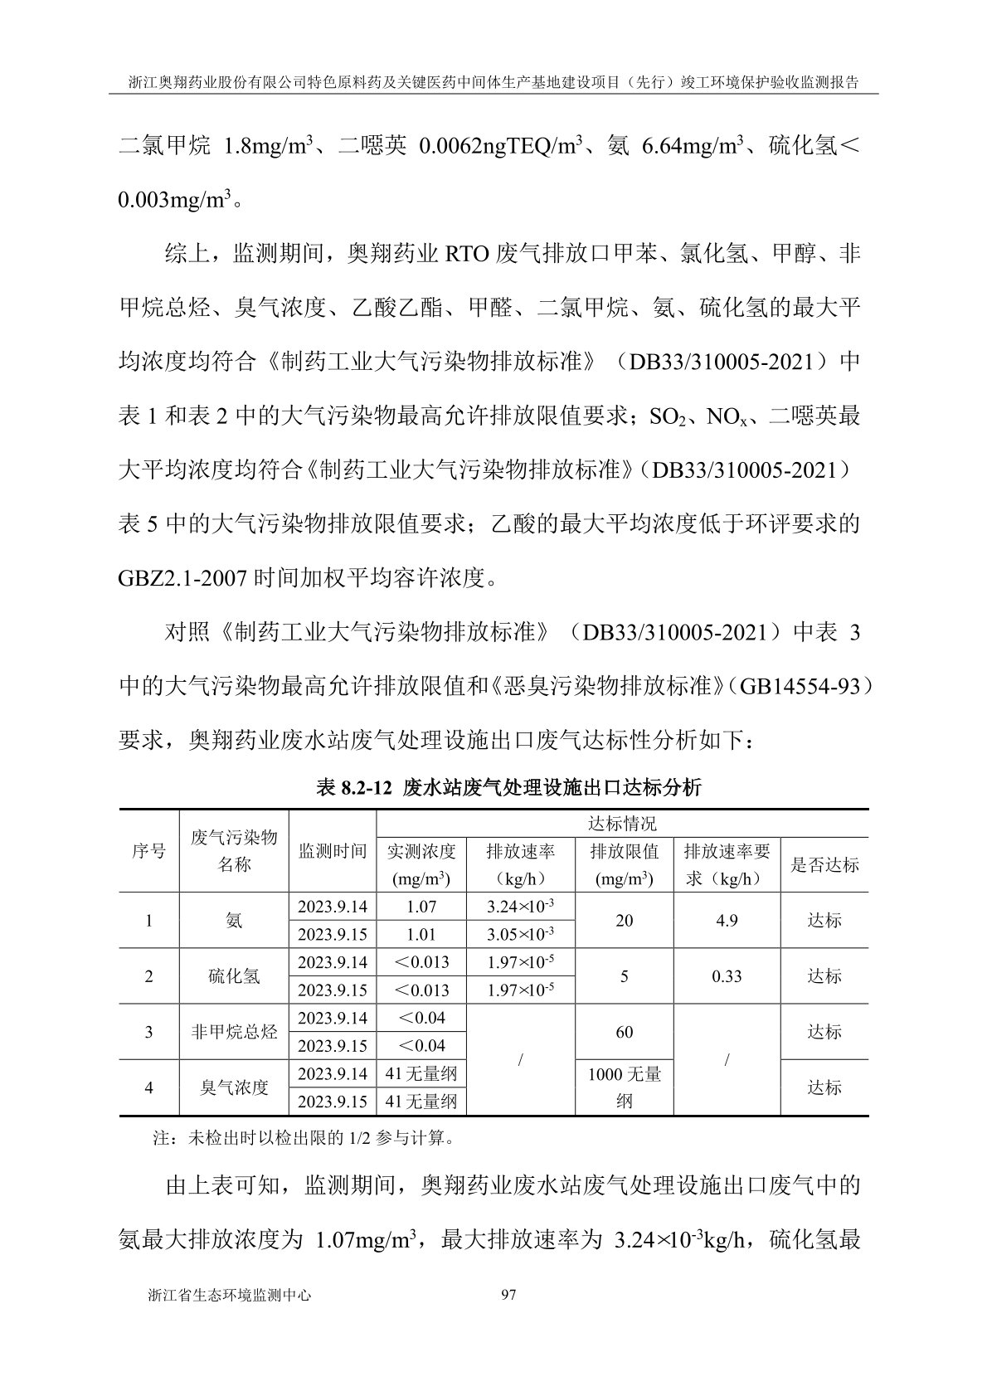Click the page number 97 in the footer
click(x=509, y=1295)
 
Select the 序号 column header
click(x=149, y=852)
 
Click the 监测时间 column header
click(x=333, y=852)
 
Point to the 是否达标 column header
click(x=824, y=865)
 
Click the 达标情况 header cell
click(x=622, y=824)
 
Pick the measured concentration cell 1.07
click(x=421, y=907)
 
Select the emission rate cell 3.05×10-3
click(x=521, y=935)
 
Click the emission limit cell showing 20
click(x=625, y=921)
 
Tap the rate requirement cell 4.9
click(x=727, y=921)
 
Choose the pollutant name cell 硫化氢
click(x=234, y=976)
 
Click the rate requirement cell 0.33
click(x=727, y=976)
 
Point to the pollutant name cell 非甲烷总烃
click(x=234, y=1032)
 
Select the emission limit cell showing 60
click(x=625, y=1032)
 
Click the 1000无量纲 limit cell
click(x=625, y=1087)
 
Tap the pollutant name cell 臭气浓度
click(x=234, y=1087)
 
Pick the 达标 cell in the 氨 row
click(x=824, y=921)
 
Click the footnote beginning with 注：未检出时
click(x=304, y=1139)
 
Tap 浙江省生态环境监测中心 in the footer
click(x=228, y=1295)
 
